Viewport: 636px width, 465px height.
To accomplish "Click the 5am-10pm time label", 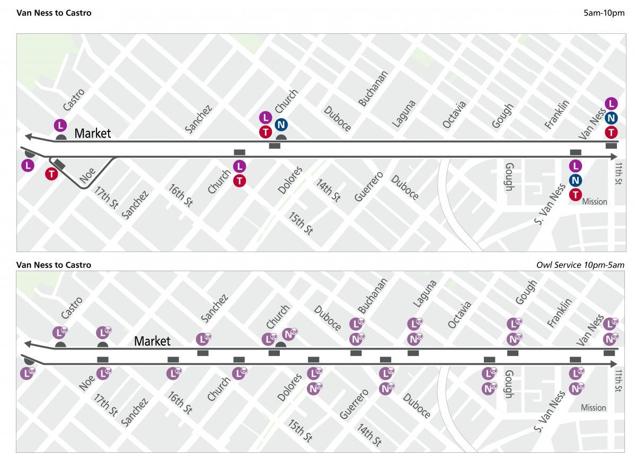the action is [604, 13].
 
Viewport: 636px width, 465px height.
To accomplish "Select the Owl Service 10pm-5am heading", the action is [580, 265].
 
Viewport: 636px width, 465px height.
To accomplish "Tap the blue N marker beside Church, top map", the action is [281, 125].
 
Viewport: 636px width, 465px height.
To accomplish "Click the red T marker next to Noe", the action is [51, 173].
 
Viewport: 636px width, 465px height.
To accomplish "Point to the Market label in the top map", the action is [93, 133].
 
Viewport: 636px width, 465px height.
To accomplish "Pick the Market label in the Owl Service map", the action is [152, 341].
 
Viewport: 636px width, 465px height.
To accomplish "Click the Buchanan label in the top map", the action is [373, 88].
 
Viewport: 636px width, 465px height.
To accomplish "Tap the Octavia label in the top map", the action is [455, 114].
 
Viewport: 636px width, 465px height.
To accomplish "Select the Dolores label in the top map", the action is [290, 180].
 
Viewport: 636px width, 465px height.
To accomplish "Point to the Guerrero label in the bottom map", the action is [354, 404].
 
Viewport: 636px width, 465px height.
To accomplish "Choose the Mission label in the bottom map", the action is [593, 407].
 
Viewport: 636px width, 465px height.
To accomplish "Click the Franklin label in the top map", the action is [556, 114].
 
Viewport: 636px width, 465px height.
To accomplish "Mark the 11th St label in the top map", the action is [618, 174].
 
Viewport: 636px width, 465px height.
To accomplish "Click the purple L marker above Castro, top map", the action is [60, 126].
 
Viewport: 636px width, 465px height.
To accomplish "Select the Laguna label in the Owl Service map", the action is [424, 293].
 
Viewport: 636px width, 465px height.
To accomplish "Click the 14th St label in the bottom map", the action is [369, 434].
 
